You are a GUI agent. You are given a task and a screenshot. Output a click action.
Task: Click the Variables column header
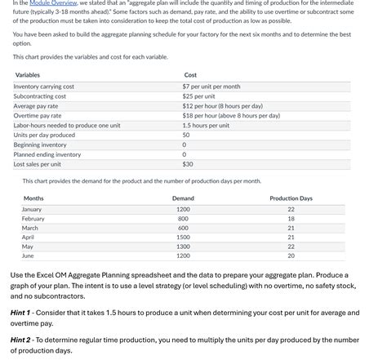point(29,75)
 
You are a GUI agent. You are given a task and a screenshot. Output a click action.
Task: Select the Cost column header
point(190,75)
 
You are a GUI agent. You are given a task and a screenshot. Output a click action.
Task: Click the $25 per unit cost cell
point(199,96)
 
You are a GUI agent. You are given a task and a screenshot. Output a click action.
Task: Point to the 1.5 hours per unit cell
point(206,125)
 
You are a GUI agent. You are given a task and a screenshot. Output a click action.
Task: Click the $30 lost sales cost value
point(188,163)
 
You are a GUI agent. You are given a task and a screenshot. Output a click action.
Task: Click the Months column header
point(33,198)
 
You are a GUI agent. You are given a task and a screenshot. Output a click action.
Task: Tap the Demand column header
point(183,198)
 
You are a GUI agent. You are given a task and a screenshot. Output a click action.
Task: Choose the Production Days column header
point(291,198)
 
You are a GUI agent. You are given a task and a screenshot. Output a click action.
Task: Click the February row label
point(33,219)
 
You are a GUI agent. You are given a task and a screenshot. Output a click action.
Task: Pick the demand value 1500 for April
point(183,237)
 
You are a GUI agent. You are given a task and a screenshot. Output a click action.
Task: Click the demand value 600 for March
point(183,228)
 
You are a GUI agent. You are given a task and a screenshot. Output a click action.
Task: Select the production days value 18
point(291,219)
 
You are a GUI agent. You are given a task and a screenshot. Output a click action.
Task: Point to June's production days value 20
point(291,256)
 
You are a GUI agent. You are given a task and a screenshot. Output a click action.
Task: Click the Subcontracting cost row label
point(40,96)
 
